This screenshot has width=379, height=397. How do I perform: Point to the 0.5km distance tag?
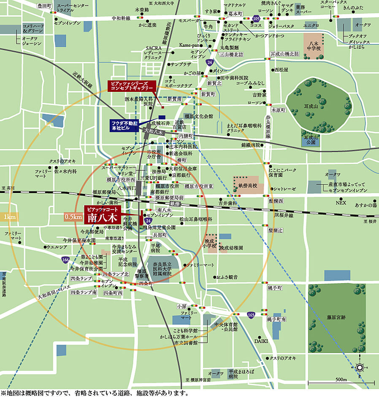(x=73, y=217)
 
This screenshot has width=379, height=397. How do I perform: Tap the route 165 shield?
(x=251, y=315)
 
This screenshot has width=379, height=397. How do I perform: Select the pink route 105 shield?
(x=256, y=19)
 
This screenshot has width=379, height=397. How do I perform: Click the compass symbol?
(x=360, y=367)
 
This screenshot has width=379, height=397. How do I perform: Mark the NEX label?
(x=341, y=203)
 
